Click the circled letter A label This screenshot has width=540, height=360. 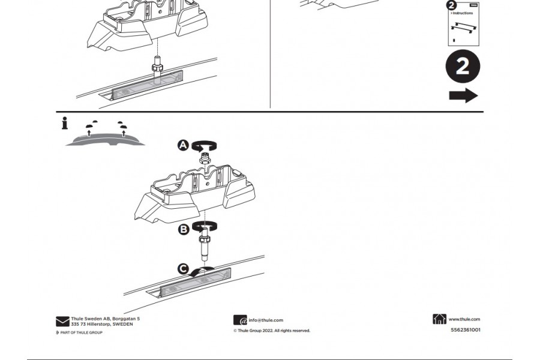pos(184,145)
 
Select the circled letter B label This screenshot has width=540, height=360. pos(184,229)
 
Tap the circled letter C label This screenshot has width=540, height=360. pos(184,269)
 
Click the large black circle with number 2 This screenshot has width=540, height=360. pos(463,67)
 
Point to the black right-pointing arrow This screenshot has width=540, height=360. pos(463,96)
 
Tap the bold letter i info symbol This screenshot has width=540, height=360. pos(64,124)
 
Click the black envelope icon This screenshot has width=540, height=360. pos(62,322)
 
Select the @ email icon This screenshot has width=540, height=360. pos(240,320)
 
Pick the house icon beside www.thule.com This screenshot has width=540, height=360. pos(439,319)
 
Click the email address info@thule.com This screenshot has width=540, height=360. pos(266,320)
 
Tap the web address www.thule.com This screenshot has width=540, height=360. pos(464,319)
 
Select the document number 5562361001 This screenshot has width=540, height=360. pos(465,329)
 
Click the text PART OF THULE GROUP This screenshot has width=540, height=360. pos(81,332)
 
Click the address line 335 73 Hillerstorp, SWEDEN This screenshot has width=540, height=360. pos(102,324)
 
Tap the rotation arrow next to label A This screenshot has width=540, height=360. pos(205,145)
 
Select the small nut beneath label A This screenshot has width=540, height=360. pos(205,157)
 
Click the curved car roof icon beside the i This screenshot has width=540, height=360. pos(105,138)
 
